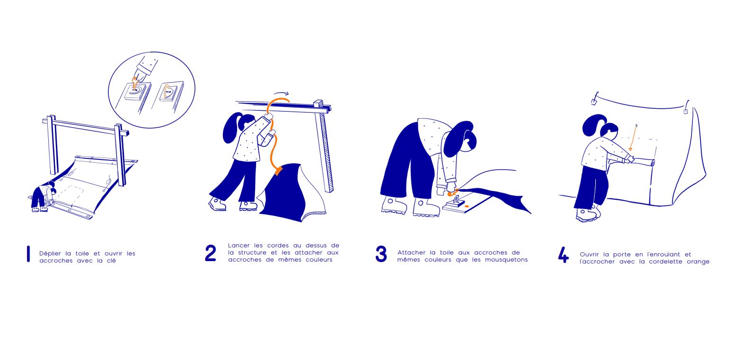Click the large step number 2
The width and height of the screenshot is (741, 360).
coord(211,253)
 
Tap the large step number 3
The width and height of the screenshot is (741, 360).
coord(381,254)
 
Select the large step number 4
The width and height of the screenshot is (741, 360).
coord(564,255)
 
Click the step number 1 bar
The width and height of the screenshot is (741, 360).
coord(28,254)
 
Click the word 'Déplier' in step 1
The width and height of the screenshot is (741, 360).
coord(50,254)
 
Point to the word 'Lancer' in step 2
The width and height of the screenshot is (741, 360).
coord(238,246)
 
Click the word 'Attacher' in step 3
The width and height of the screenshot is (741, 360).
coord(411,253)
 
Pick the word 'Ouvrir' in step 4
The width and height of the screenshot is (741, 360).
coord(589,255)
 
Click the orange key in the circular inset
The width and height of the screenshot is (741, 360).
coord(134,83)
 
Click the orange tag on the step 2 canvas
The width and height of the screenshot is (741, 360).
coord(278,171)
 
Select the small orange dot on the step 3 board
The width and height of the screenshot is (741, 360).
coord(467,206)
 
